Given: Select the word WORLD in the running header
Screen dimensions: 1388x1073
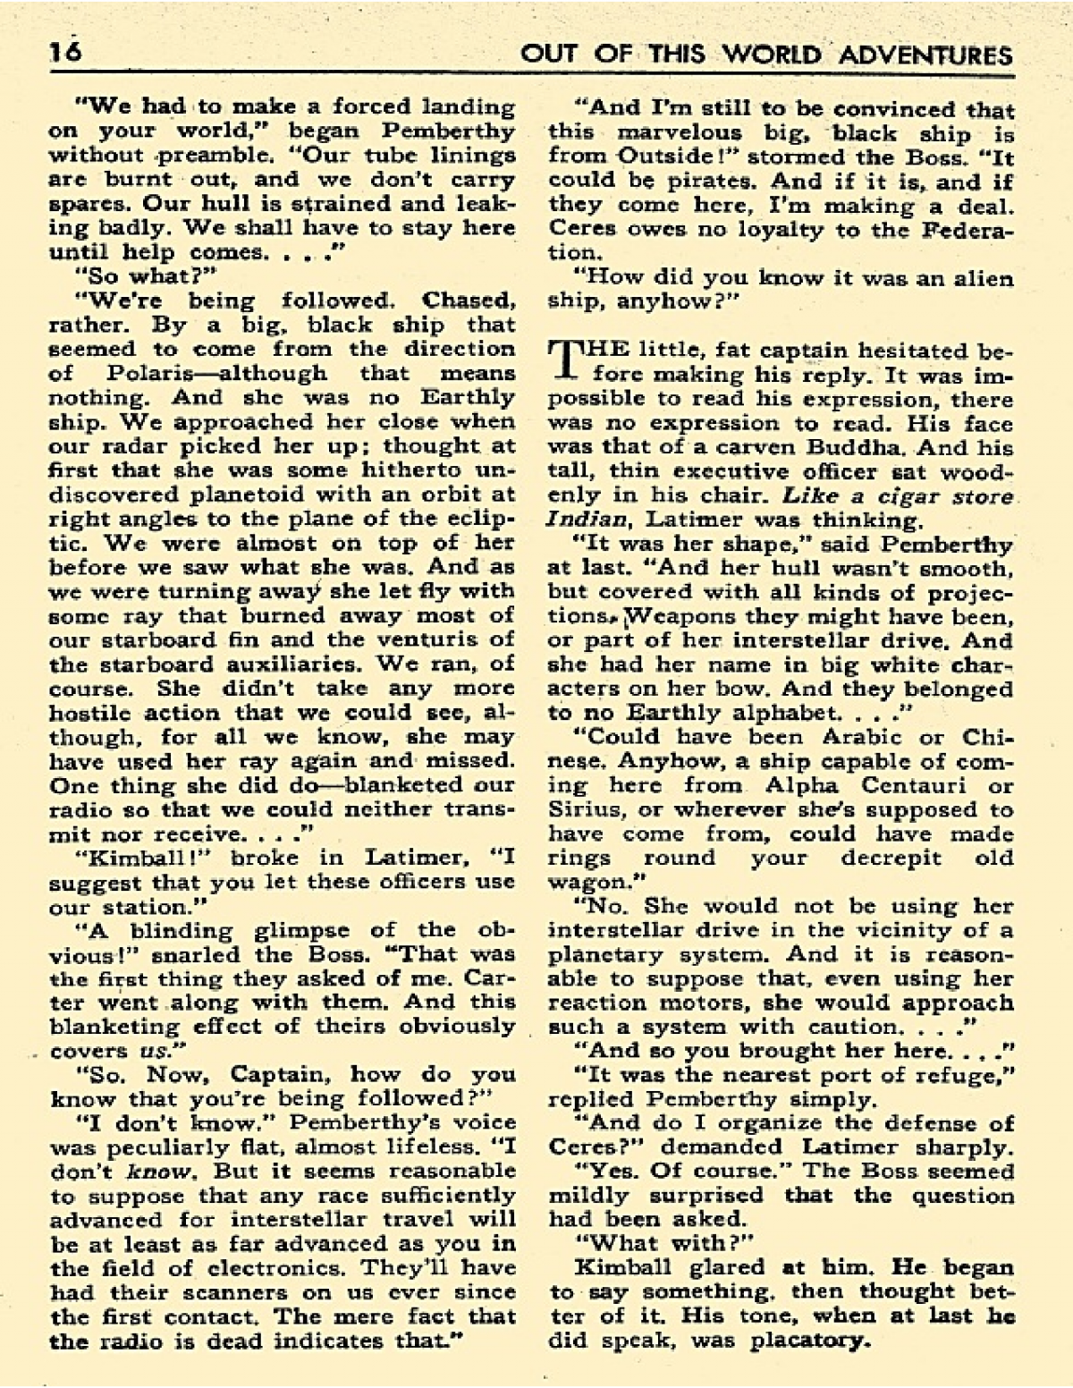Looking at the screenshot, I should click(x=770, y=55).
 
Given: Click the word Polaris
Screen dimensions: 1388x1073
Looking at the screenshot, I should click(x=148, y=374).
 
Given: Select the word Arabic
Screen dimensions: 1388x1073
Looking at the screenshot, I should click(x=858, y=738).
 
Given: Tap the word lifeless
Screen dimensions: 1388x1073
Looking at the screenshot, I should click(x=420, y=1147).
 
